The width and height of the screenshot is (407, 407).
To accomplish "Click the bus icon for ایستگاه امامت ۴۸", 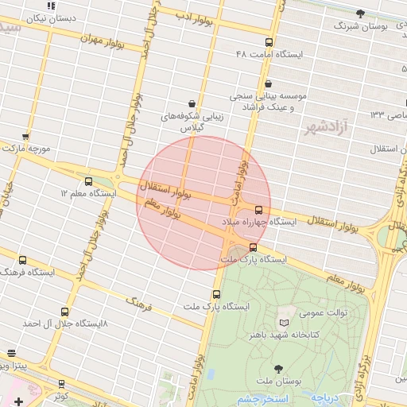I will tap(269, 43).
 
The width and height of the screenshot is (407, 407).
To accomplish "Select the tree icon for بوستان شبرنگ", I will tap(360, 14).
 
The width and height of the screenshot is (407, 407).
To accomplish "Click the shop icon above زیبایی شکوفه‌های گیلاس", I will tap(192, 103).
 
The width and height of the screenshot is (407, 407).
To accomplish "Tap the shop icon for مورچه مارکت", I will tap(26, 137).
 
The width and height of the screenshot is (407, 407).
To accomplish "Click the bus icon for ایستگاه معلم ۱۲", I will tap(87, 181).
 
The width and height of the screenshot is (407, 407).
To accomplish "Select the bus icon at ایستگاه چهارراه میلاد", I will tap(258, 210).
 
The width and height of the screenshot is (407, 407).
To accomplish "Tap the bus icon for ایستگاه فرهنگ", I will tap(22, 259).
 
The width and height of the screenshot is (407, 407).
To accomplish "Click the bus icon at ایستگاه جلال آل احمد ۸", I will tap(64, 312).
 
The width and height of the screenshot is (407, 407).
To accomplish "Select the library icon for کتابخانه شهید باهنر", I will tap(285, 324).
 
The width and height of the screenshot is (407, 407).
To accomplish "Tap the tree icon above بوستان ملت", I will tap(277, 368).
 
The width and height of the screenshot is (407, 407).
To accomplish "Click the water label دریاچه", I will tap(325, 396).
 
